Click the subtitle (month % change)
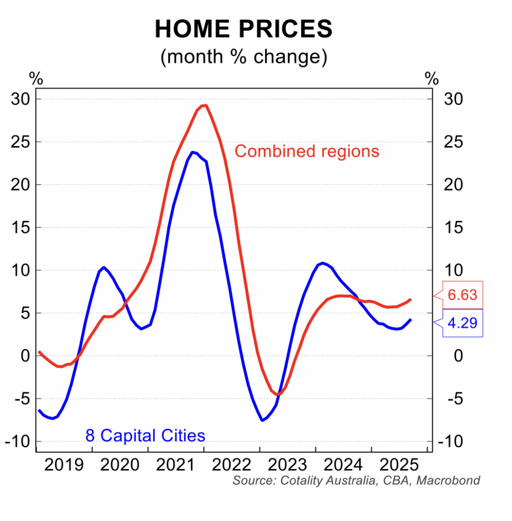coord(244,56)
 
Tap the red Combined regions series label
coord(307,151)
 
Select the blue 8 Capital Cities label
coord(145,436)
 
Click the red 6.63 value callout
coord(462,295)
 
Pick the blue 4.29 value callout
coord(462,323)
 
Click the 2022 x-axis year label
coord(232,465)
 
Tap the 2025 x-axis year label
coord(399,465)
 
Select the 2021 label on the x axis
coord(176,465)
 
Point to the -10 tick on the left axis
coord(18,442)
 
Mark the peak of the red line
coord(204,105)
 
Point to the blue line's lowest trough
coord(262,420)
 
